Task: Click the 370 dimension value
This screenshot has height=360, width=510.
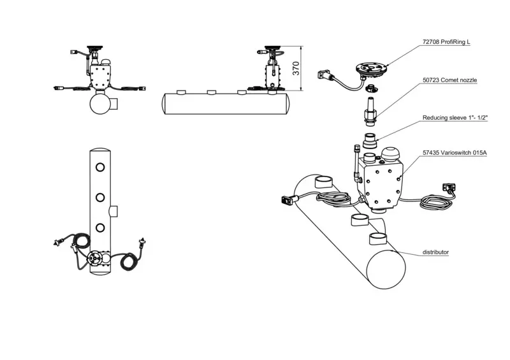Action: tap(296, 68)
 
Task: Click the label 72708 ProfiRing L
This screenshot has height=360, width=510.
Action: tap(446, 42)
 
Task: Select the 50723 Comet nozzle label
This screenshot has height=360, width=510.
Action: tap(449, 80)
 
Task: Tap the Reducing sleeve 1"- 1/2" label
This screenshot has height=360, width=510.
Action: tap(455, 118)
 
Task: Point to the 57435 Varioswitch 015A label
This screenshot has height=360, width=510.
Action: tap(455, 152)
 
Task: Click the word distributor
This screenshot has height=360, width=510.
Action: tap(435, 252)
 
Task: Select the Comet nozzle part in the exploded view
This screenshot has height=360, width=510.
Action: tap(370, 112)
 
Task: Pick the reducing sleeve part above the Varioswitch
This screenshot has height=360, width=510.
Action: tap(370, 140)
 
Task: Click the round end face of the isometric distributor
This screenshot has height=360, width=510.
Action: tap(386, 270)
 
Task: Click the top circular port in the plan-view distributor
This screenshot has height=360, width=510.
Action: tap(100, 168)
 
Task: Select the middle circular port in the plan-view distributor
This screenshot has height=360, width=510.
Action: tap(100, 198)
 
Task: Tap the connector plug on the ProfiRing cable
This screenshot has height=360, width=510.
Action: tap(324, 75)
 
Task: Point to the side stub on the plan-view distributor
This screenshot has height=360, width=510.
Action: tap(114, 211)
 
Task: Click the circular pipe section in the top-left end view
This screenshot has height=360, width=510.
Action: tap(101, 103)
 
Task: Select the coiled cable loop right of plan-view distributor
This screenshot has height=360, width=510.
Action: tap(129, 261)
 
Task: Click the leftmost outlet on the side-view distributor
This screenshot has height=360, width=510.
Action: tap(181, 92)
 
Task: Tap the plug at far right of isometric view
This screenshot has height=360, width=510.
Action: tap(449, 187)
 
